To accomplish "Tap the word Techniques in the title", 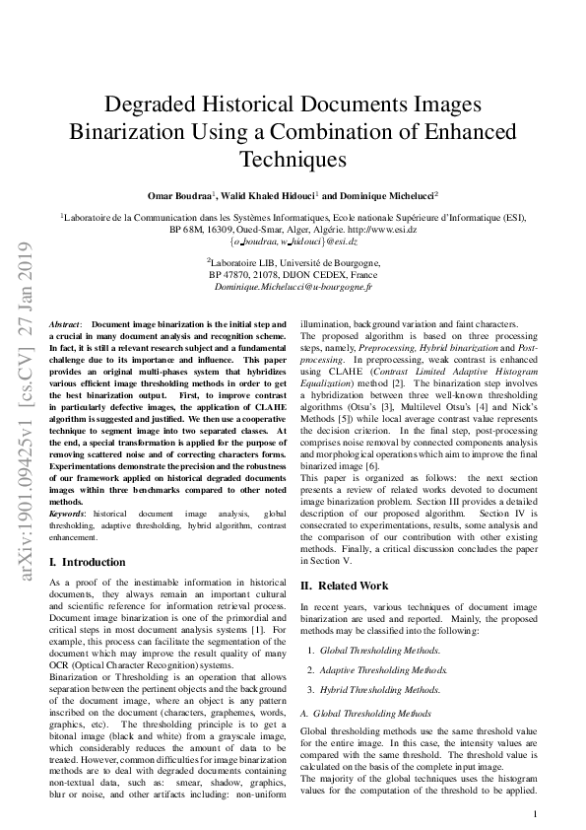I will point(293,158).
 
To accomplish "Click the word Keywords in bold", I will point(69,515).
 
